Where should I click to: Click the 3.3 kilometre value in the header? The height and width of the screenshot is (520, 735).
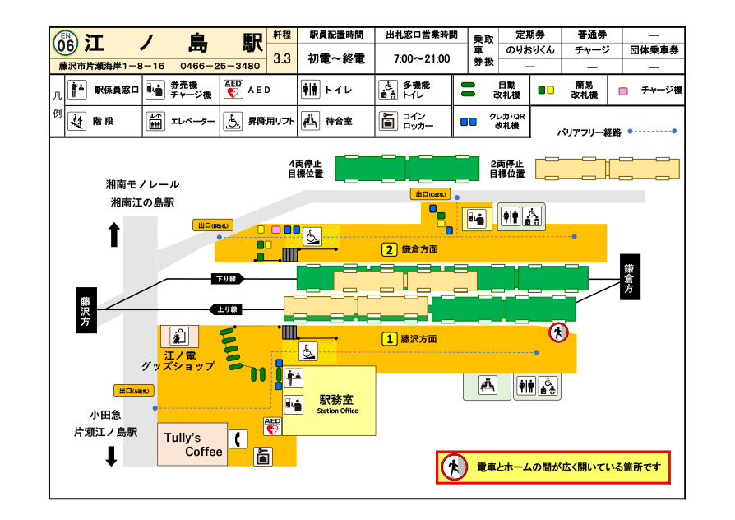[x=282, y=58]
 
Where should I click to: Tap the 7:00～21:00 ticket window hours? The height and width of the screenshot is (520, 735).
[x=422, y=58]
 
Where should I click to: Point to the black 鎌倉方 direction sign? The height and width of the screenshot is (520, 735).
[x=629, y=277]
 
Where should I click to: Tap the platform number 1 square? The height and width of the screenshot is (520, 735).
[x=391, y=338]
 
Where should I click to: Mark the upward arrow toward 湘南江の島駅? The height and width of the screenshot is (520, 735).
[x=114, y=235]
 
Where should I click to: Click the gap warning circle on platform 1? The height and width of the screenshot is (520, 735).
[x=559, y=333]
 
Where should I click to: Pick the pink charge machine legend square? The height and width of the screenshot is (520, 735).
[x=623, y=91]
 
